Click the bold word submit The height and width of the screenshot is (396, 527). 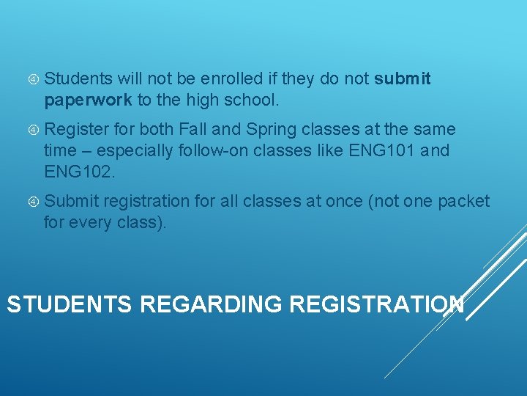[402, 78]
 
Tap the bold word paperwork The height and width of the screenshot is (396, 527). [88, 99]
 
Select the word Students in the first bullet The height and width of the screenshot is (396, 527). [78, 78]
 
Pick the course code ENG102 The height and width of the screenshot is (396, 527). [78, 171]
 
